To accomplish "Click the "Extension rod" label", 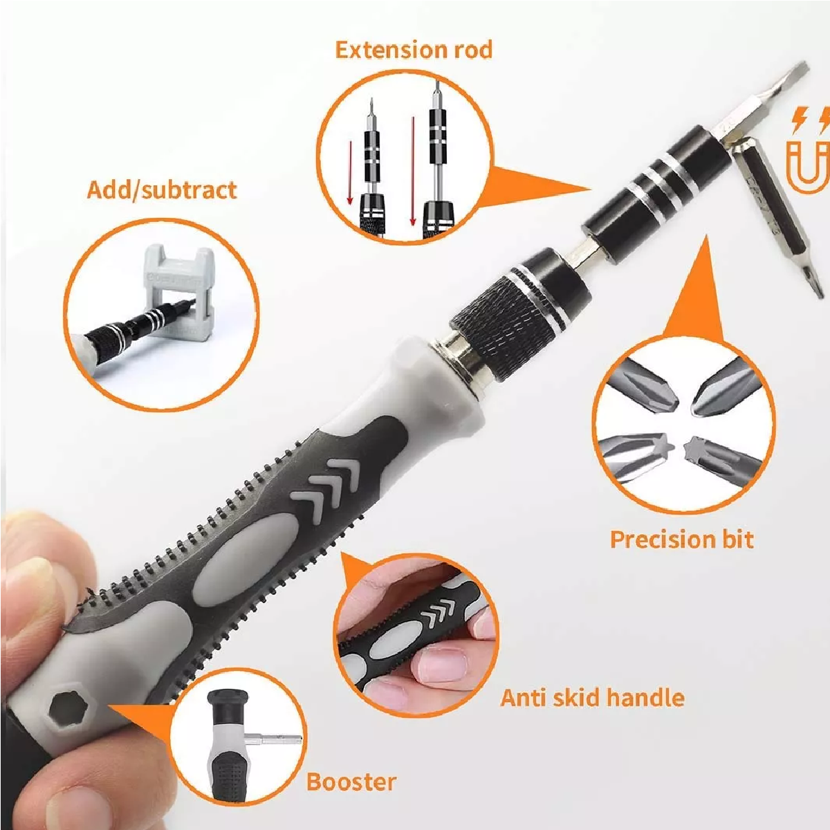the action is click(414, 50).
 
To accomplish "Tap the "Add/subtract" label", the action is click(162, 190).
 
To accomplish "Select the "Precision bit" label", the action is click(682, 539).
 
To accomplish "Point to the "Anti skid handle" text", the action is click(592, 698).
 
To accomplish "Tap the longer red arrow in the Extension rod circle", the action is click(413, 171).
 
